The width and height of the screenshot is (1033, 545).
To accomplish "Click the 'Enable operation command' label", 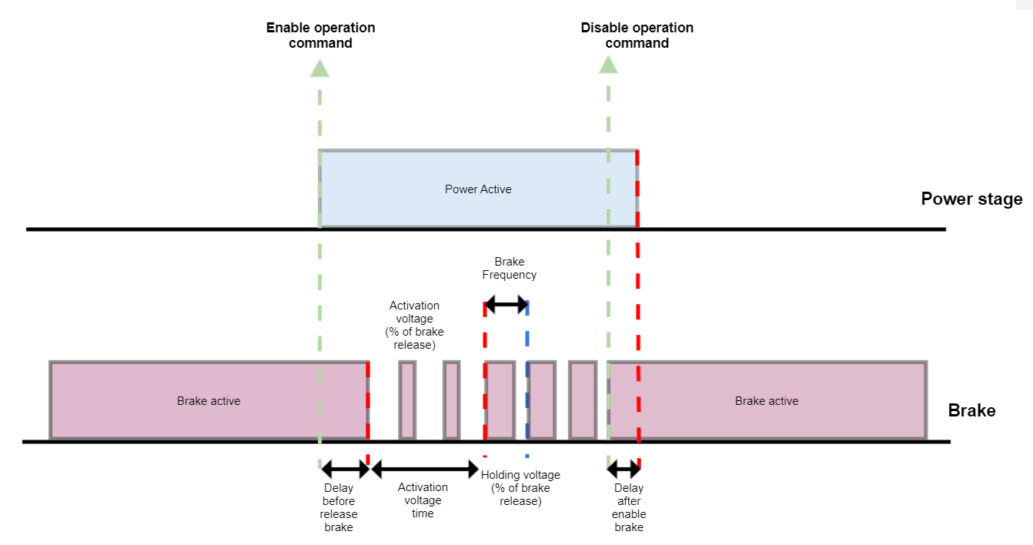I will [320, 35].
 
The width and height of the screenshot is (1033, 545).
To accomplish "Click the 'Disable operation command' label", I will [637, 35].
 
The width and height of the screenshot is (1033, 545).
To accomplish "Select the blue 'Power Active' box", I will [478, 189].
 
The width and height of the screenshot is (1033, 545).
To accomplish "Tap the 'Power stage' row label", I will [971, 199].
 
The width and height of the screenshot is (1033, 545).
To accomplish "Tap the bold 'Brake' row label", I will [971, 410].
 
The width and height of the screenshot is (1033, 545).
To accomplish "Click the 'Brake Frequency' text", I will [509, 268].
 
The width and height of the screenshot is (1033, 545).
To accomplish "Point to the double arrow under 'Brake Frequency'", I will [506, 305].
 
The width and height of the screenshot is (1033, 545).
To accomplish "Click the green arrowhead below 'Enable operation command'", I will [319, 68].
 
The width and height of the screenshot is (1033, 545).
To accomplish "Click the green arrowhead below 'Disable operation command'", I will [608, 65].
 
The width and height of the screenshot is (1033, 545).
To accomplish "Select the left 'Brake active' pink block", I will [208, 400].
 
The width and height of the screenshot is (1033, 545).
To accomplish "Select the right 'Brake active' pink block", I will [767, 400].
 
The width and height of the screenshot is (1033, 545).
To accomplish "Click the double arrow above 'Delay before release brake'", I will [345, 468].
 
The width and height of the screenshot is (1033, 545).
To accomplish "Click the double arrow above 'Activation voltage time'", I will [425, 468].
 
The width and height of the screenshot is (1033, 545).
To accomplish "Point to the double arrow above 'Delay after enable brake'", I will [623, 468].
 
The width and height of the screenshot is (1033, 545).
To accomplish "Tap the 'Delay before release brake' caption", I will [339, 507].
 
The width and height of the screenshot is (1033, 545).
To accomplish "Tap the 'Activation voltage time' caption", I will [423, 500].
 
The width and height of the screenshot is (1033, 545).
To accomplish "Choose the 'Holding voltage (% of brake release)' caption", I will [520, 488].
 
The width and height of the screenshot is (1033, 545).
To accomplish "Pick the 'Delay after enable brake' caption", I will [629, 507].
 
